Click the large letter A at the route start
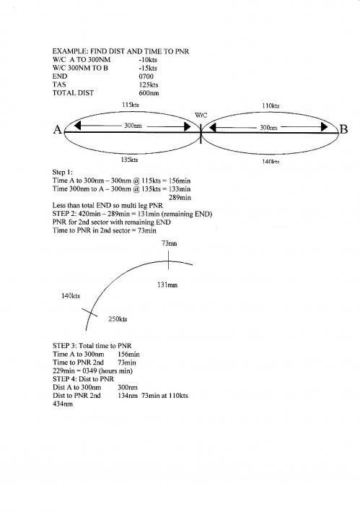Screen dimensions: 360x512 click(x=58, y=130)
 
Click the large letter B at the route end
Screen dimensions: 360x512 click(x=343, y=129)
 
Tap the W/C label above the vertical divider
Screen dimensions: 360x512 click(x=201, y=116)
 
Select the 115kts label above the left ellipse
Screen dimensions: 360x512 click(x=131, y=105)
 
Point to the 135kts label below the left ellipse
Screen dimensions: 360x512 click(x=129, y=160)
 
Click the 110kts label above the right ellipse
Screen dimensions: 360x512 click(x=271, y=106)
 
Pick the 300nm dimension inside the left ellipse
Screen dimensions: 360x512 click(x=133, y=126)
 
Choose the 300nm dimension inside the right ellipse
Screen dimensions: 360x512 click(x=268, y=128)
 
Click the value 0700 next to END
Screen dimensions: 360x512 click(x=146, y=77)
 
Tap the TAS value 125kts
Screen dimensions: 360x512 click(x=149, y=85)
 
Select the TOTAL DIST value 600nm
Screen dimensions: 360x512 click(x=149, y=93)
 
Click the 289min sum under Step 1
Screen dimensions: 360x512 click(x=180, y=198)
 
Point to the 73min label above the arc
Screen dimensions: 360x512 click(x=170, y=243)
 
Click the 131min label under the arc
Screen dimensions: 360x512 click(x=167, y=285)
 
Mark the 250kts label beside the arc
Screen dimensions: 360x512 click(x=118, y=319)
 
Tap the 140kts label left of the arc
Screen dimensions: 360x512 click(x=71, y=296)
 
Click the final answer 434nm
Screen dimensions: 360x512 click(x=63, y=404)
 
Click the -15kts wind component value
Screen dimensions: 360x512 click(x=148, y=69)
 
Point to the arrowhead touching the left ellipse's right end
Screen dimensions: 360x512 click(x=188, y=126)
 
